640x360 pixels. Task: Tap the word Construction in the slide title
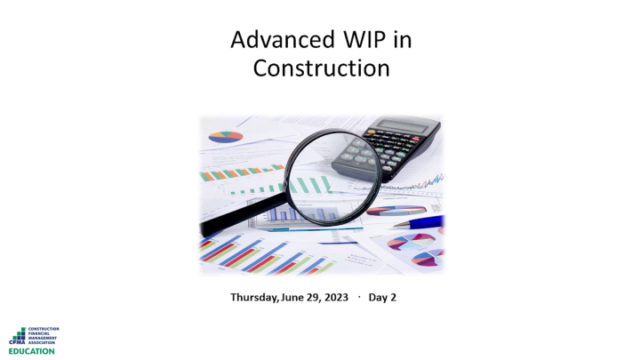[x=321, y=68]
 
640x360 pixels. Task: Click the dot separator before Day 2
[x=358, y=296]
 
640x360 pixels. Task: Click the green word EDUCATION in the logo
[x=32, y=350]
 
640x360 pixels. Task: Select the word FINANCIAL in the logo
[x=43, y=332]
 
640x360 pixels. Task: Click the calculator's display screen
[x=404, y=126]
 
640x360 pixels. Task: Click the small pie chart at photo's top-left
[x=226, y=137]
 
